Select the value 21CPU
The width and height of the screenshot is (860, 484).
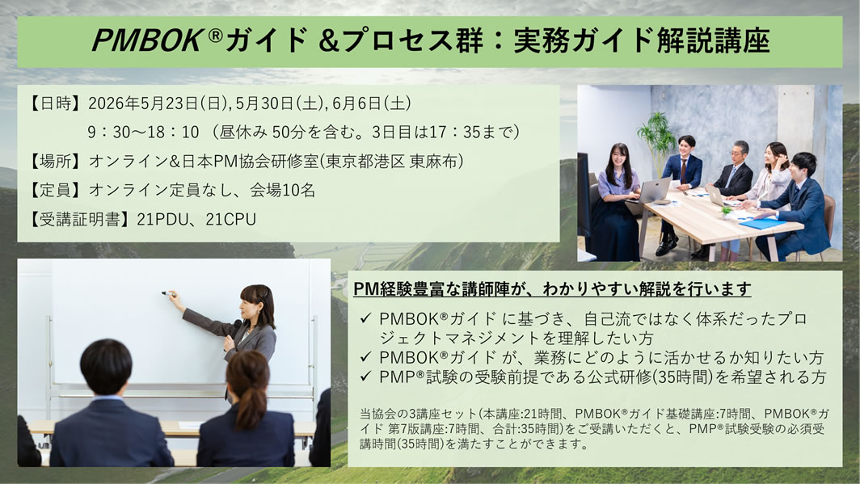pyautogui.click(x=231, y=219)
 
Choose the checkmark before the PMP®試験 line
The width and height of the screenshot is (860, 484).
pyautogui.click(x=366, y=377)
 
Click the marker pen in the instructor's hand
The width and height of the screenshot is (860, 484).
pyautogui.click(x=168, y=294)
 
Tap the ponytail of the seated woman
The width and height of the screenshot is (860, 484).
pyautogui.click(x=250, y=406)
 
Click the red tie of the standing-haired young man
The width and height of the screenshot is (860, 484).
pyautogui.click(x=683, y=170)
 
